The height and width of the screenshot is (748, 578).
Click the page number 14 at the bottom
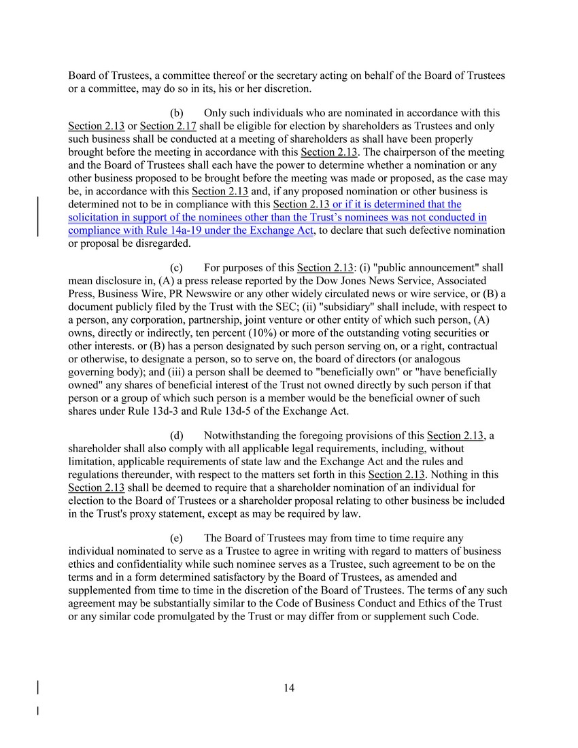click(x=289, y=688)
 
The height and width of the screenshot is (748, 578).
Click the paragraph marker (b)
click(x=176, y=113)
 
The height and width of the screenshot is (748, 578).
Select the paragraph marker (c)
click(x=176, y=268)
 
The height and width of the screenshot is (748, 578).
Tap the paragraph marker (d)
click(x=176, y=435)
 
